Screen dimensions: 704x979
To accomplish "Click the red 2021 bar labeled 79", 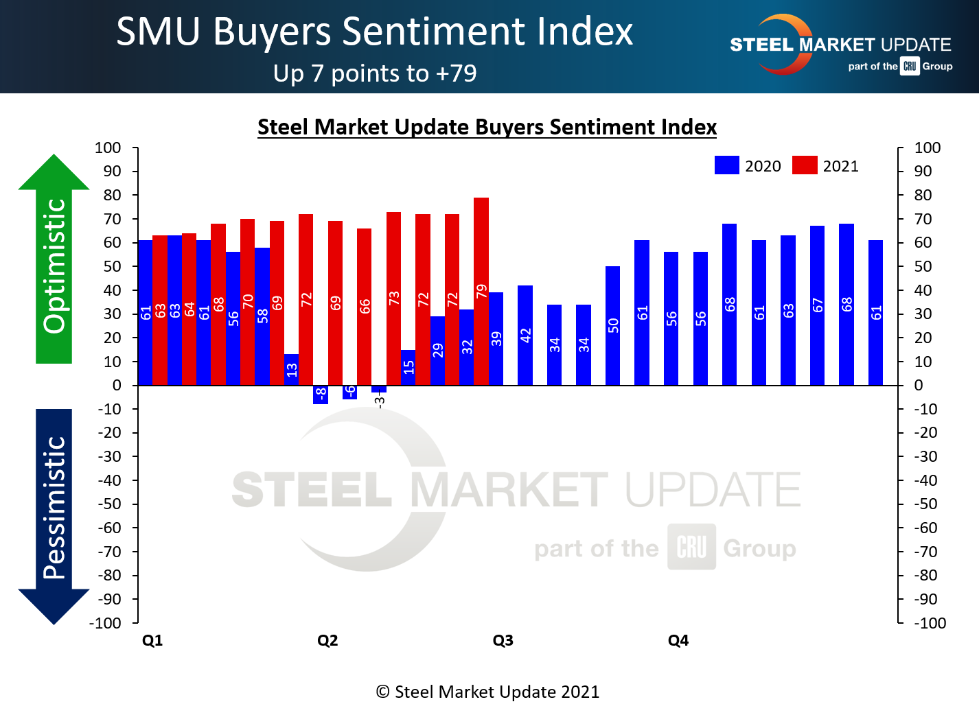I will [481, 292].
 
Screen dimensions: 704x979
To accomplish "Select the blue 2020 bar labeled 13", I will [291, 370].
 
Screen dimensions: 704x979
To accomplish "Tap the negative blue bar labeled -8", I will [321, 395].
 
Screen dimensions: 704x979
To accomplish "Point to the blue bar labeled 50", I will [612, 326].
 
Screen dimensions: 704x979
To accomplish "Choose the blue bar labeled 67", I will [817, 305].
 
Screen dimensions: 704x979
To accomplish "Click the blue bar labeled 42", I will [525, 336].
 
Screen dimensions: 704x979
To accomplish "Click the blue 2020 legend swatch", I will [726, 165].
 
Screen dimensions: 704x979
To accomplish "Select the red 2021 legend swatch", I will [805, 165].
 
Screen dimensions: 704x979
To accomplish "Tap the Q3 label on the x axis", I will [503, 640].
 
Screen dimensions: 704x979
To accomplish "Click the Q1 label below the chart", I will [152, 640].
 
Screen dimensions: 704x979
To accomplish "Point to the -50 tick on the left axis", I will [108, 504].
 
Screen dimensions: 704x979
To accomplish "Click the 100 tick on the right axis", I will [927, 148].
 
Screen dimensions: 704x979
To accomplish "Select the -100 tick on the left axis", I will [105, 623].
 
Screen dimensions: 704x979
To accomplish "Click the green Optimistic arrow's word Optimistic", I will [54, 266].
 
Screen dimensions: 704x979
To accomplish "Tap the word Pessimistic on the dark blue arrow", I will [54, 508].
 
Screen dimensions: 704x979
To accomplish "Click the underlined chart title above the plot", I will [487, 127].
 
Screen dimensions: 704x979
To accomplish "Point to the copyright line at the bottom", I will [487, 692].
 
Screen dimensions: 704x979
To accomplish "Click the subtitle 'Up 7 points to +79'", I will [375, 73].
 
